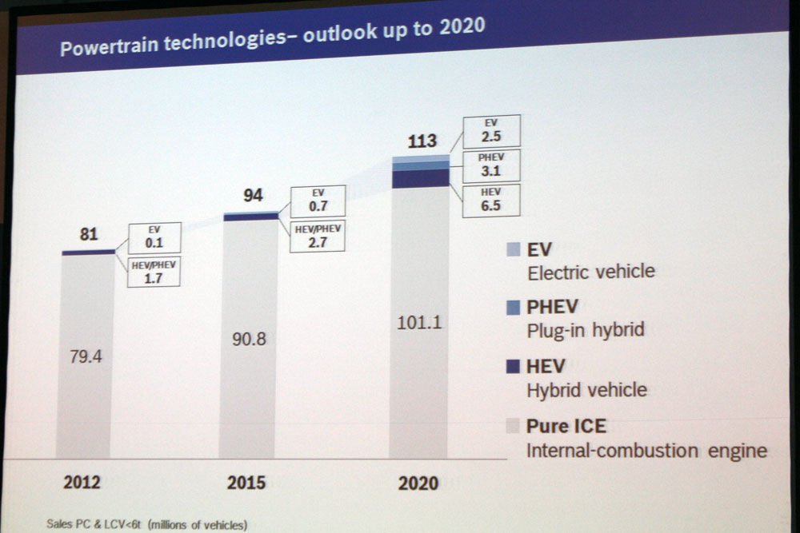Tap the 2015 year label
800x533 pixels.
click(246, 483)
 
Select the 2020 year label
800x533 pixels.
click(418, 483)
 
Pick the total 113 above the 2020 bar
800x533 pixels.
click(422, 141)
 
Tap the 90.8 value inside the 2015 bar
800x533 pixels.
click(248, 339)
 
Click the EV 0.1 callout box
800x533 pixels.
click(154, 238)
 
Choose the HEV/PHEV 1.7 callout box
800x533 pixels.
click(154, 272)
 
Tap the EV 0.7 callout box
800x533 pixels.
click(318, 201)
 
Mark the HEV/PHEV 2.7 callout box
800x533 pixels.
click(318, 236)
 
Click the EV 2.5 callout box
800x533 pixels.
click(491, 130)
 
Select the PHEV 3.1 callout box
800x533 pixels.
click(491, 165)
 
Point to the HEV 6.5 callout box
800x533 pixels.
click(491, 201)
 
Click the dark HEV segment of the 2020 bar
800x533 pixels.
click(420, 178)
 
